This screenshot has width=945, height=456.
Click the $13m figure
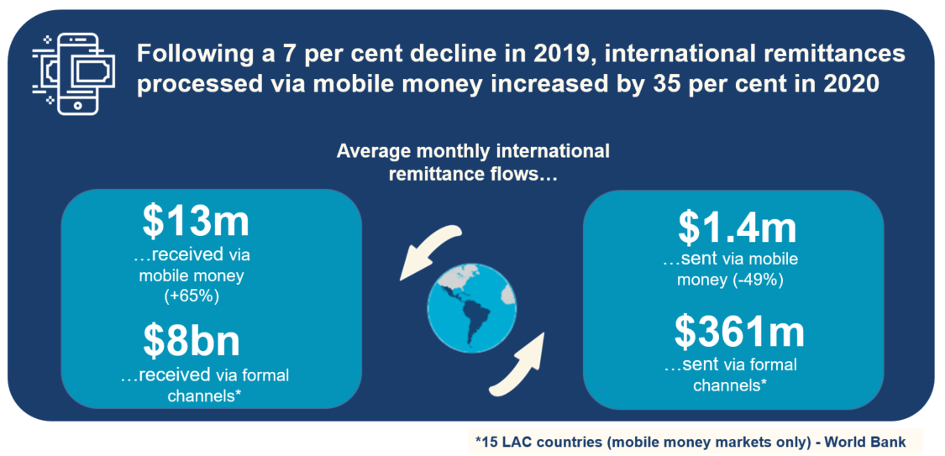coord(196,221)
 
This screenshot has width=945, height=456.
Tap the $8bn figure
coord(192,340)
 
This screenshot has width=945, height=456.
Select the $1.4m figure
coord(737,227)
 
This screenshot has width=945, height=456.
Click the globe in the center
coord(472,310)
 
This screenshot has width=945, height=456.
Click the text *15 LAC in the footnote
coord(501,442)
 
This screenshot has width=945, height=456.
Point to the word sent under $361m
coord(696,365)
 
